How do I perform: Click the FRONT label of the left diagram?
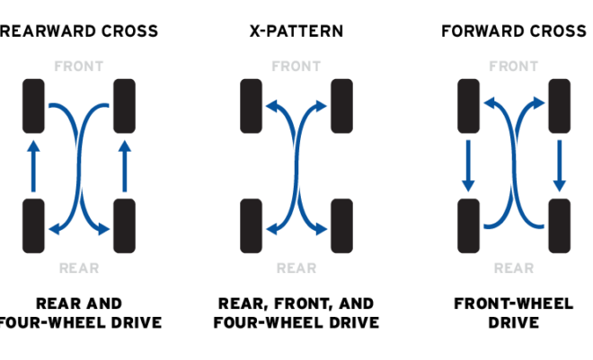coord(78,66)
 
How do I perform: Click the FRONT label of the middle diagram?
coord(296,66)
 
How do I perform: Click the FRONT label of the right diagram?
coord(513,66)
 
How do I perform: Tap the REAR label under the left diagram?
coord(78,268)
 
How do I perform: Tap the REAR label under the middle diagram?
coord(296,268)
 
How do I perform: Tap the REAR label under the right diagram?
coord(513,268)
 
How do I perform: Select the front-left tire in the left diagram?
coord(33,106)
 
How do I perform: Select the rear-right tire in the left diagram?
coord(124,225)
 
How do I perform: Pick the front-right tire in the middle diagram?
coord(341,106)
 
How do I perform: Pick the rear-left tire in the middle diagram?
coord(251,225)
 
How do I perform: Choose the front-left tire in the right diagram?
coord(468,106)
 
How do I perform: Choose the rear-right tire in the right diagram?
coord(559,225)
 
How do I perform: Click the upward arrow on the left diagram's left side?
coord(33,166)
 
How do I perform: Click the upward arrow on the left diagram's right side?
coord(124,166)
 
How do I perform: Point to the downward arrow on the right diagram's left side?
coord(468,166)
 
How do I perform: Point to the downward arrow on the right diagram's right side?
coord(559,166)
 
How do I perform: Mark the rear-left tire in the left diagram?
coord(33,225)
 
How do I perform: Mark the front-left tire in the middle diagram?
coord(251,106)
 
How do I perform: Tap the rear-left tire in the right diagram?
coord(468,225)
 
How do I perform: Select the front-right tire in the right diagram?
coord(559,106)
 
